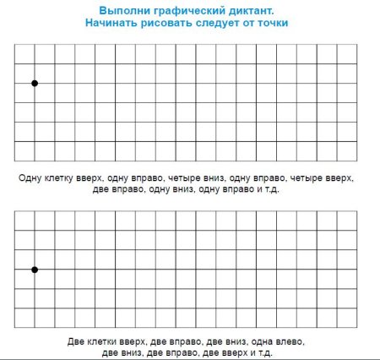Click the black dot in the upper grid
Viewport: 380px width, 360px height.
coord(35,83)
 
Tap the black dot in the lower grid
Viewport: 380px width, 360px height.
coord(35,270)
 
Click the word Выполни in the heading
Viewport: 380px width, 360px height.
coord(125,10)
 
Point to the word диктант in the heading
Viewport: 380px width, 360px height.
coord(257,10)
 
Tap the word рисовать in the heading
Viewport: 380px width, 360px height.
coord(173,24)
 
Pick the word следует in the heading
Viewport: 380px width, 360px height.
coord(227,24)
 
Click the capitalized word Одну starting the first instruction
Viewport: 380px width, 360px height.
coord(29,178)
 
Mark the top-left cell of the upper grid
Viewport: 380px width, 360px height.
coord(24,53)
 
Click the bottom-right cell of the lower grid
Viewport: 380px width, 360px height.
coord(347,318)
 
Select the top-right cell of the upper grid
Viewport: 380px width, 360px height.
coord(347,53)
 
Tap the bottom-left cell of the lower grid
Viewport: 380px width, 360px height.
coord(24,318)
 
